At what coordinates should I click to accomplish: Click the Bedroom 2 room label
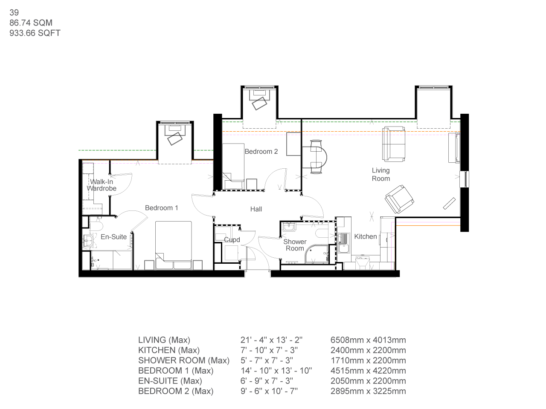click(x=261, y=152)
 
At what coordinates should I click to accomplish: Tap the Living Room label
click(x=380, y=175)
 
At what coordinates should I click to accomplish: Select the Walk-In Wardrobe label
click(x=102, y=185)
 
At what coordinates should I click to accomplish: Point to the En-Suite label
click(x=113, y=237)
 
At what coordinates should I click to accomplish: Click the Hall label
click(x=256, y=209)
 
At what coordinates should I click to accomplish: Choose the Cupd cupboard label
click(x=232, y=240)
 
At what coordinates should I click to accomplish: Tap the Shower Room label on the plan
click(x=295, y=245)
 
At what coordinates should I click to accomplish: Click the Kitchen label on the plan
click(x=366, y=237)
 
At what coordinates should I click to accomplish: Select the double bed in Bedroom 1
click(x=173, y=243)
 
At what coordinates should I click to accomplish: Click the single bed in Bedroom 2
click(x=233, y=166)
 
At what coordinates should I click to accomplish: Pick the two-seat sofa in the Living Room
click(x=394, y=144)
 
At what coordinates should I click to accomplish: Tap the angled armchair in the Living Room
click(x=399, y=199)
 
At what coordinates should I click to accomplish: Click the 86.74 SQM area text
click(x=31, y=23)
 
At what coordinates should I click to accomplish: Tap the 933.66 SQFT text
click(x=35, y=33)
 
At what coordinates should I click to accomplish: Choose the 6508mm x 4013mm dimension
click(x=368, y=340)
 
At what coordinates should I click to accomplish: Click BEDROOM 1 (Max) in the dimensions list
click(x=176, y=371)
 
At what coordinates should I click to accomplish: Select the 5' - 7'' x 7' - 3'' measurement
click(x=267, y=360)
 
